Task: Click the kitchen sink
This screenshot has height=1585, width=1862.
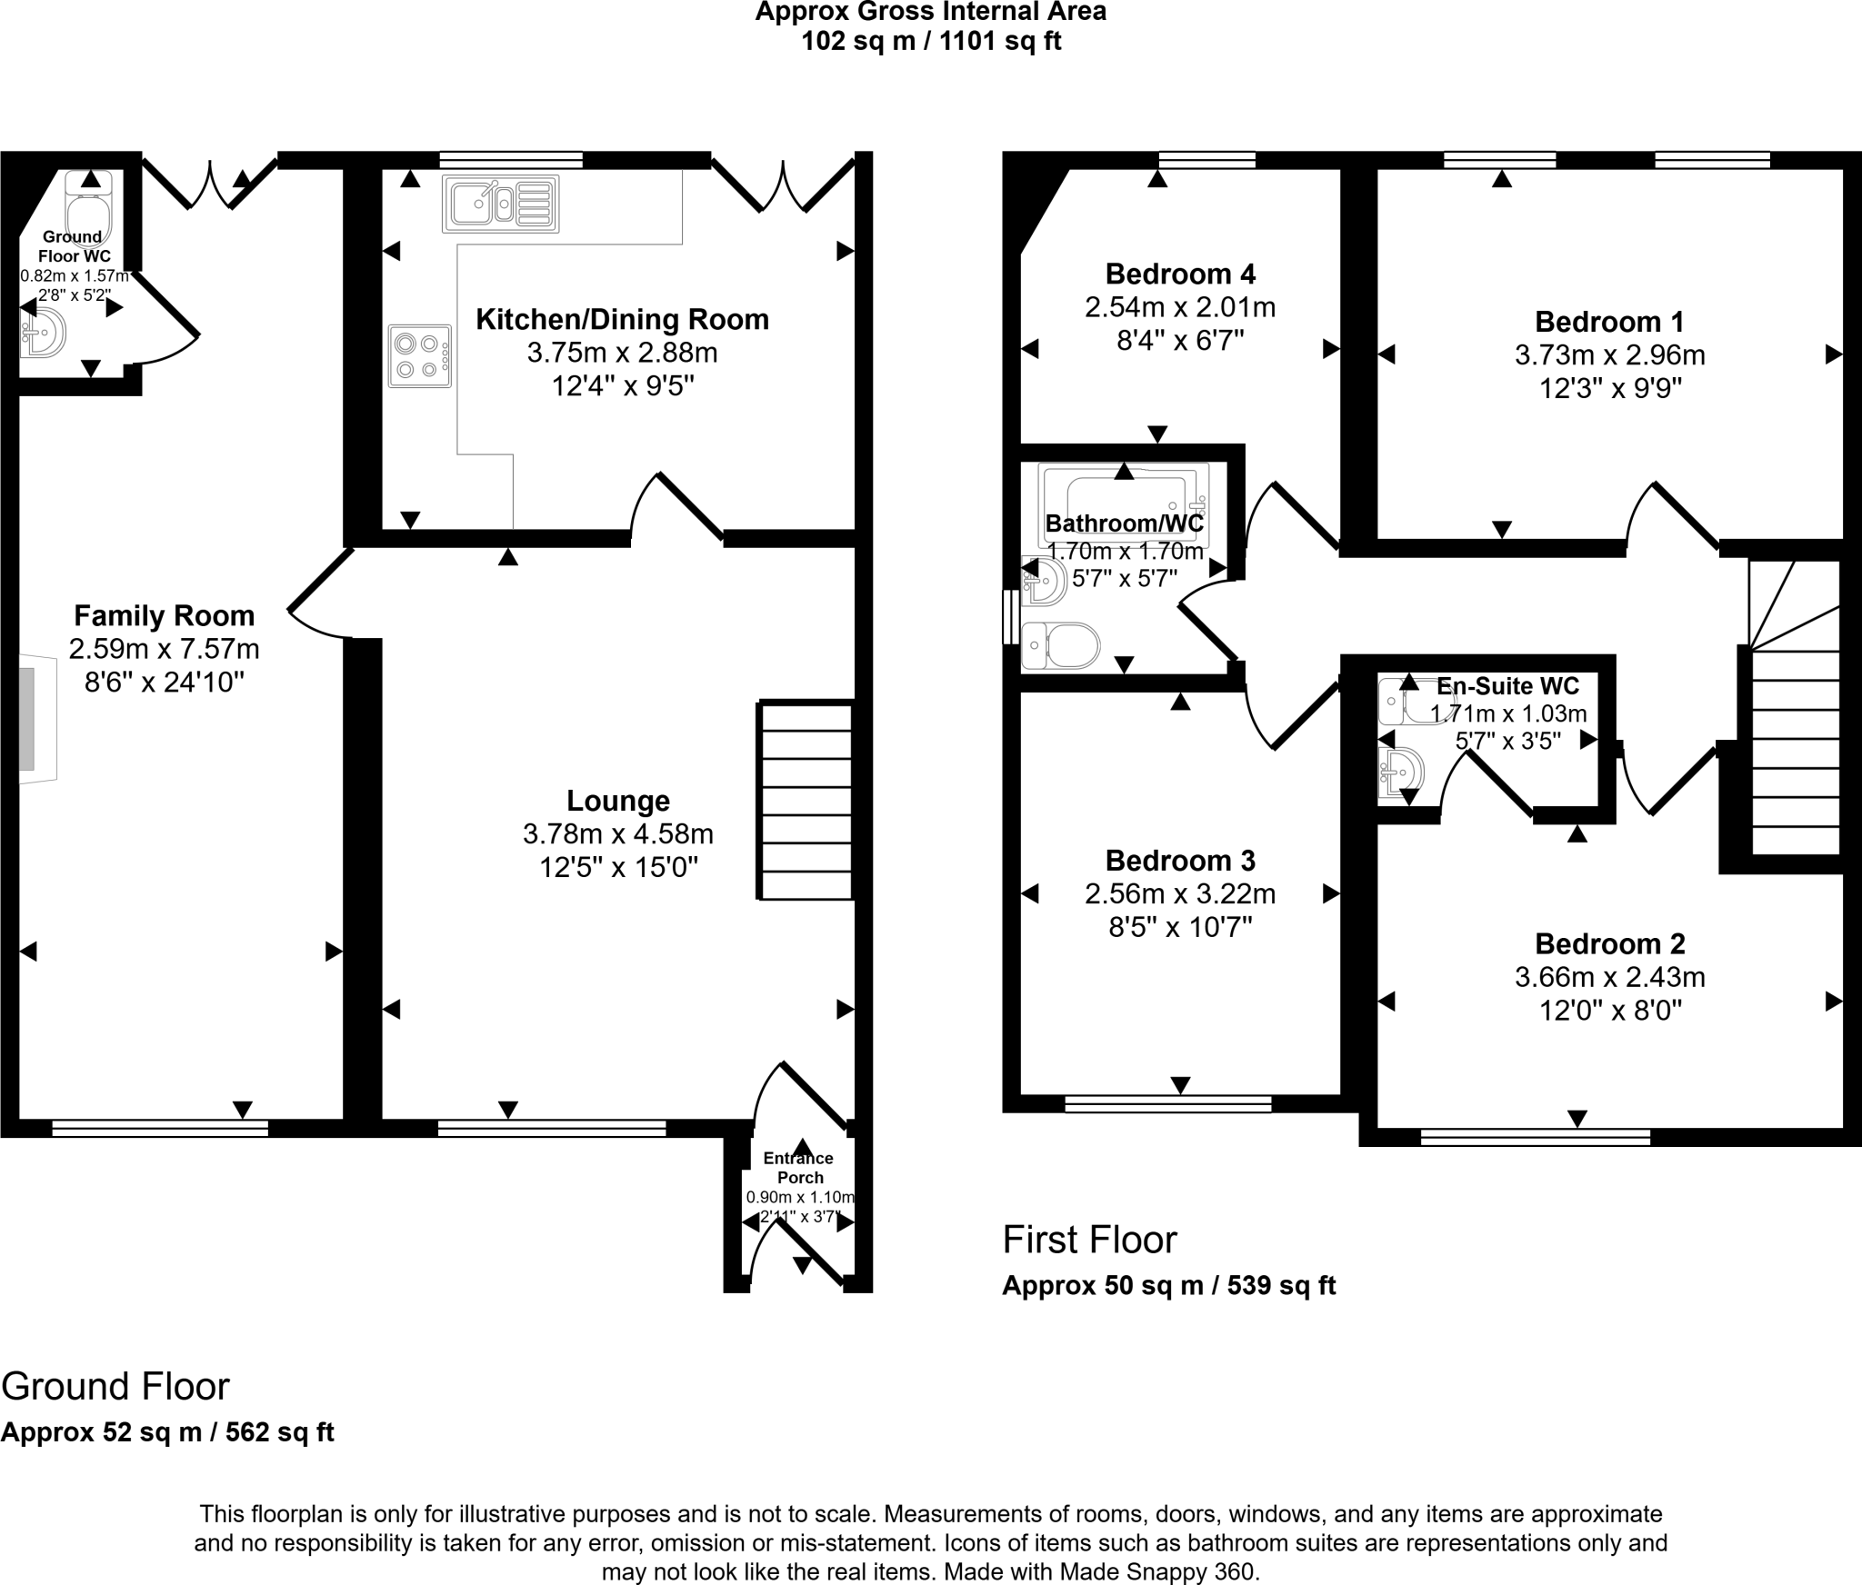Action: [500, 204]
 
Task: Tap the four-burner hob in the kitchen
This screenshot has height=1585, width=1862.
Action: [419, 356]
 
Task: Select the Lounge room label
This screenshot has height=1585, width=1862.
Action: [618, 801]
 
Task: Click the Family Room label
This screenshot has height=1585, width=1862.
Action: [164, 616]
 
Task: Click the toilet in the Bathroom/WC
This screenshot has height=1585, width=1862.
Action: [1060, 646]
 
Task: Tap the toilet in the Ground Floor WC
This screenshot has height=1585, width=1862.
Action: [89, 208]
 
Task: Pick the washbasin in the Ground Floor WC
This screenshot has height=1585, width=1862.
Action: [44, 332]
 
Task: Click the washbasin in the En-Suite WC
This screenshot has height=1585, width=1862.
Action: [1400, 773]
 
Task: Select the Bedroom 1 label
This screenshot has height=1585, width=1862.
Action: [1609, 322]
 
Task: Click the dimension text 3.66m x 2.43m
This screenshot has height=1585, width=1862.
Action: [1609, 977]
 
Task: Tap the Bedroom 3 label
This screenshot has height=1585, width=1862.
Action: [1180, 860]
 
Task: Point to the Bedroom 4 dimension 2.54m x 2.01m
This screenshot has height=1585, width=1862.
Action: [1180, 307]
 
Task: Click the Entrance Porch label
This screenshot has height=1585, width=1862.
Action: [798, 1168]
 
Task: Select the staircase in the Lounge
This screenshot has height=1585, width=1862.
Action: [806, 800]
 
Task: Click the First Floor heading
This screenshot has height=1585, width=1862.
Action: [1089, 1240]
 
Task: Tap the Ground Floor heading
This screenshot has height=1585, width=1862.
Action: [115, 1386]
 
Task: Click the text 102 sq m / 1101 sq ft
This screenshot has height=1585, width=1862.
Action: [931, 42]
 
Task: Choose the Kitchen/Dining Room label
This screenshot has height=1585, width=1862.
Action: [622, 320]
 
